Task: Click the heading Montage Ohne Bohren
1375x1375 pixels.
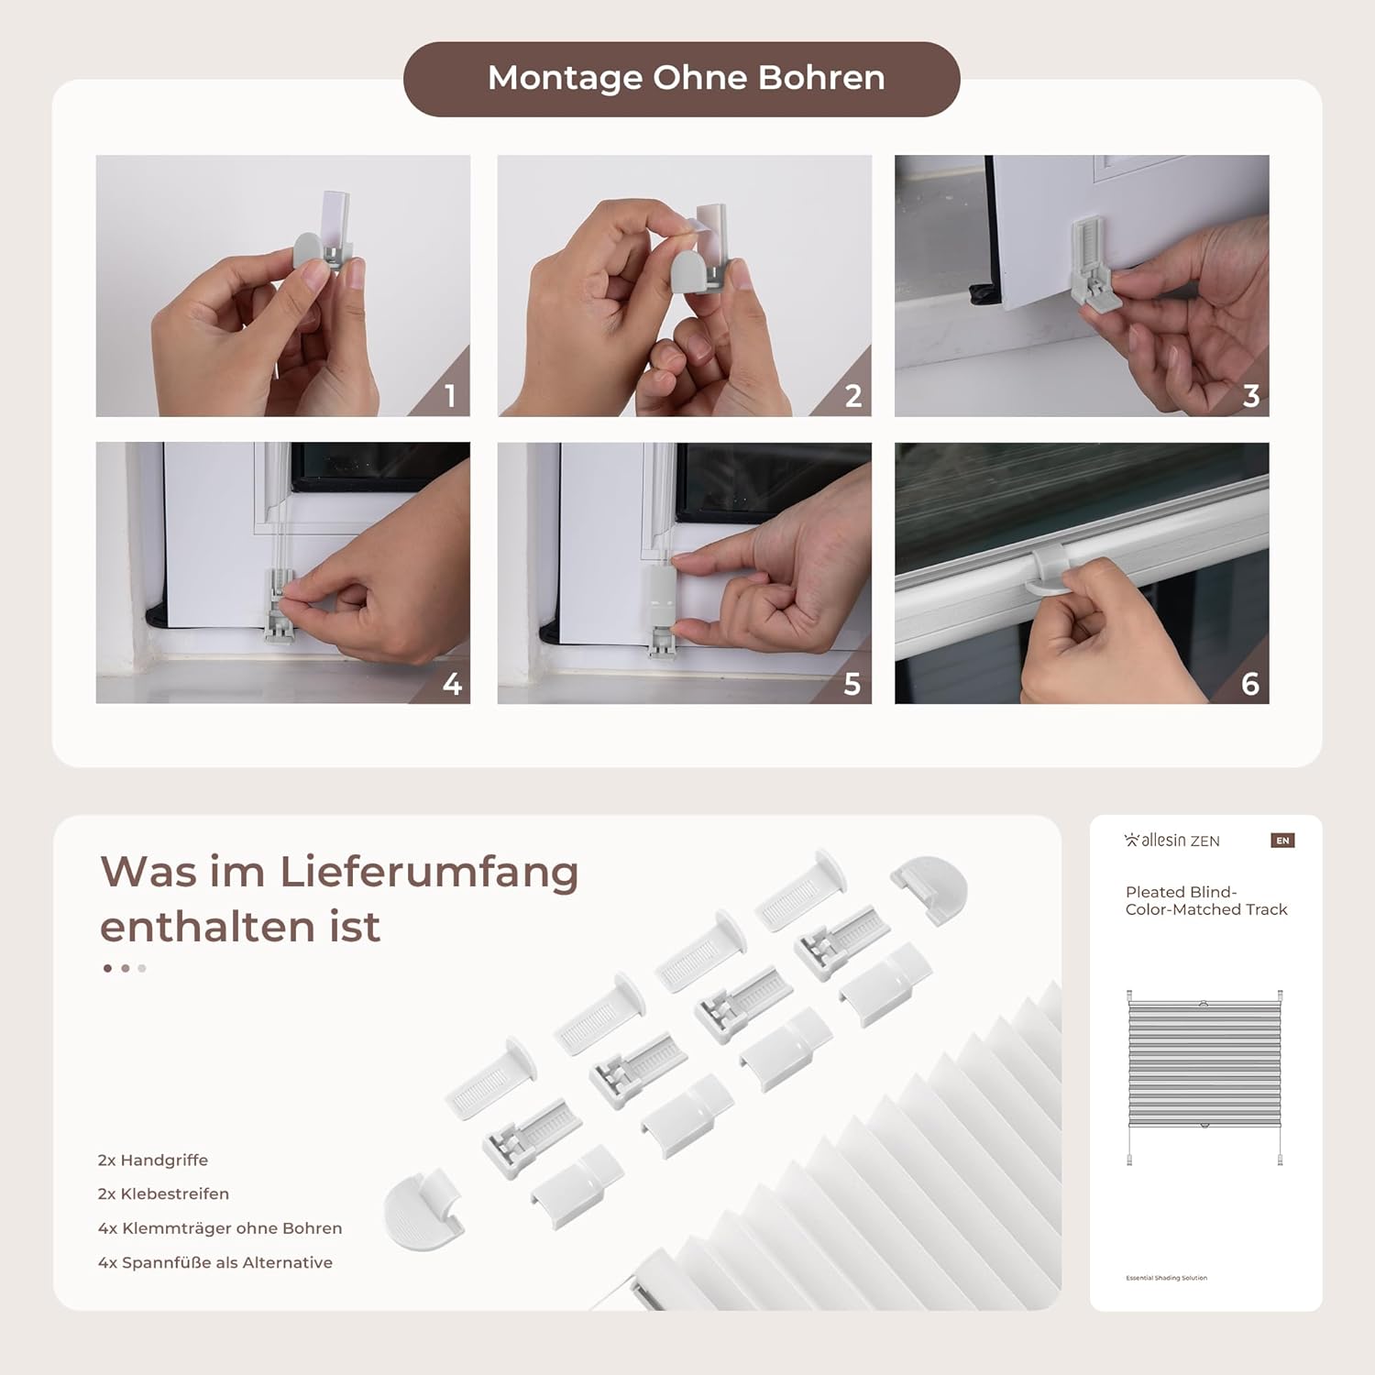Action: (x=686, y=78)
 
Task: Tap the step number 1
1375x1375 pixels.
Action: (x=450, y=396)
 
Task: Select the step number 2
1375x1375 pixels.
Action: (x=853, y=396)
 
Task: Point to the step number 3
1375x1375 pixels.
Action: (x=1251, y=396)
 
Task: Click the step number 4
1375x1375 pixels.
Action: (x=452, y=684)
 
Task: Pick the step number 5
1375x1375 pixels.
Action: (x=852, y=684)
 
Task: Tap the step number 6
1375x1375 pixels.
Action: (x=1250, y=684)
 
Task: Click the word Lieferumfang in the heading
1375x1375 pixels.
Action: (x=429, y=872)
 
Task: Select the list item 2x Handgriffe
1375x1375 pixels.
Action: (x=153, y=1160)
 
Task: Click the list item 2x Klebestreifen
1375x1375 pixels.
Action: (x=164, y=1193)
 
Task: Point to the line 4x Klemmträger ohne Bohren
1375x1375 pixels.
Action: (x=220, y=1228)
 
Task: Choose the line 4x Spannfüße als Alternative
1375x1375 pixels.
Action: (x=215, y=1262)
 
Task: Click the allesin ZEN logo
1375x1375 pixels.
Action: (x=1172, y=841)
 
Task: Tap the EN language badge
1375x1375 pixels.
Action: (x=1282, y=841)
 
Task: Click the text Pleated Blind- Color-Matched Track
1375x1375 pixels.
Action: (x=1206, y=900)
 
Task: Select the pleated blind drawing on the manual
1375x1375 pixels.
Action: (x=1204, y=1077)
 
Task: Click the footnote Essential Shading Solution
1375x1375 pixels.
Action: (x=1167, y=1278)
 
